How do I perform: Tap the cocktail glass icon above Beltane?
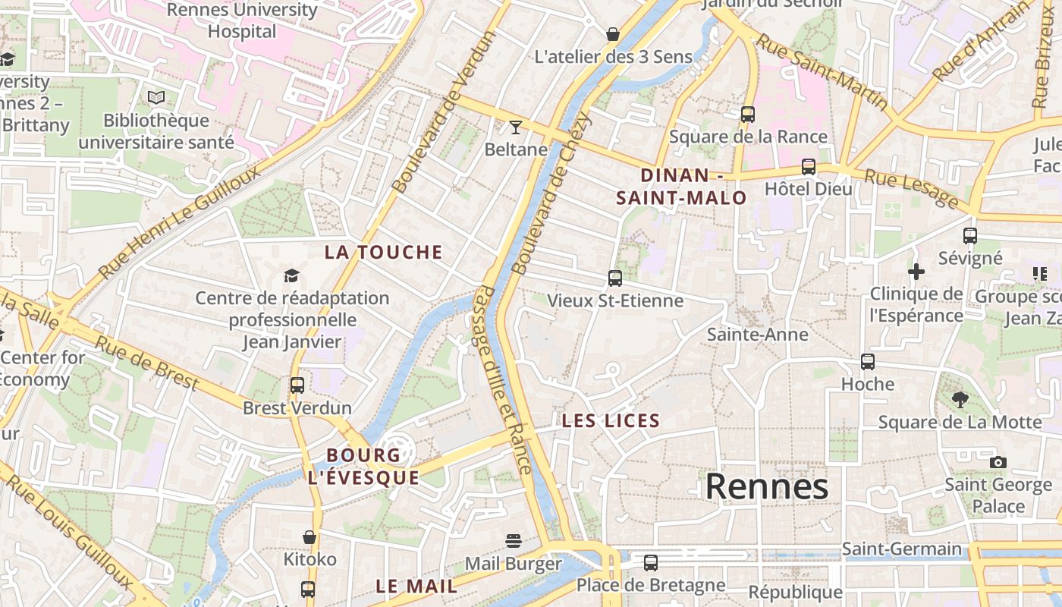516,127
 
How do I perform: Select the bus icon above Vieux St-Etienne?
614,278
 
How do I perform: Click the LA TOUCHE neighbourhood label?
383,253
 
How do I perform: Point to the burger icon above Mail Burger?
514,541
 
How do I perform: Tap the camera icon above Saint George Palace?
998,462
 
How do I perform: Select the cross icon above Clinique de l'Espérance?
916,272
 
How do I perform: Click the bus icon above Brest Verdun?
297,385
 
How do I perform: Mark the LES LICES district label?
611,421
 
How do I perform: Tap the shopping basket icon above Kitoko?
309,537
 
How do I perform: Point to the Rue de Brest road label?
146,363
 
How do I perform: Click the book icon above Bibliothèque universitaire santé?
156,98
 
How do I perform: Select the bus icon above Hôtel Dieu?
809,167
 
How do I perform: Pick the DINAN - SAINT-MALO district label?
681,187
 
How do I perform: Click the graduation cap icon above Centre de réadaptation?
292,275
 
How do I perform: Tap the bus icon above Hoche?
868,362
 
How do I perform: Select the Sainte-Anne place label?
757,335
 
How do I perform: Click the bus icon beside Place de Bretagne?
651,563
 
